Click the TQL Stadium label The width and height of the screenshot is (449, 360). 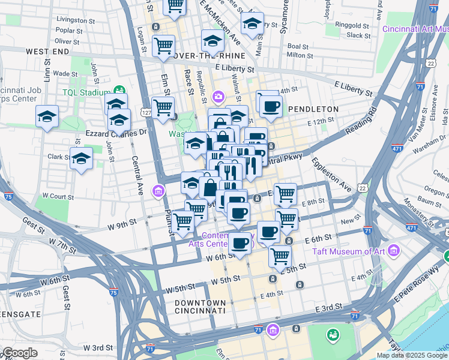pos(86,93)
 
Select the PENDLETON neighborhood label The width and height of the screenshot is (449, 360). pos(313,109)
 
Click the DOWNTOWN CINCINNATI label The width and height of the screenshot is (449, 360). pos(200,307)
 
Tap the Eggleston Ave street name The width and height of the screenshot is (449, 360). pos(331,175)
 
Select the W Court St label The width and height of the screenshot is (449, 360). pos(54,196)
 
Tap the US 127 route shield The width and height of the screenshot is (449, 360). pos(146,112)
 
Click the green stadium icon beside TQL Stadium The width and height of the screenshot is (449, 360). pos(119,91)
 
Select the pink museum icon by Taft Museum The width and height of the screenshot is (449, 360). pos(394,249)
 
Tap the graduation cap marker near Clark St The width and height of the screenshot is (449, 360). pos(81,159)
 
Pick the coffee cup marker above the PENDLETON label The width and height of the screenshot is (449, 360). pos(270,106)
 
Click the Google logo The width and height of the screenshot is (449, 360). pos(19,353)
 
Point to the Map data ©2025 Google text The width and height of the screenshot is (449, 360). pos(412,355)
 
